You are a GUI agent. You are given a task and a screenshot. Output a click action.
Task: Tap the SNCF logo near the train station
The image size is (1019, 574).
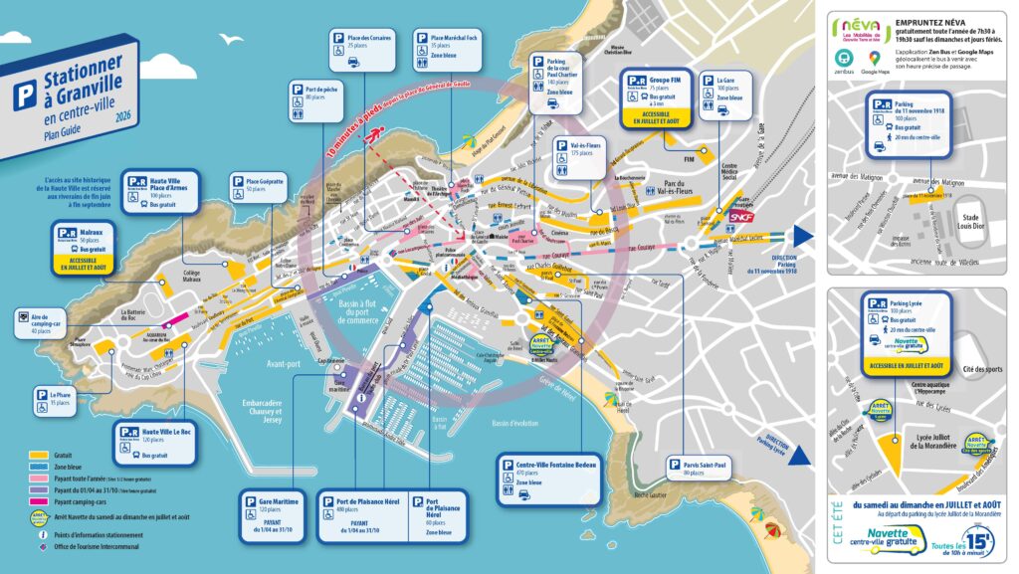(740, 215)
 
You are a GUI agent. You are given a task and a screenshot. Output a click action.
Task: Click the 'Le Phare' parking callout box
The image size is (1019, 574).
(57, 399)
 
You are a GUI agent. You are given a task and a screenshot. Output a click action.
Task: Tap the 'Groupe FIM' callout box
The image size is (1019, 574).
(653, 99)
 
